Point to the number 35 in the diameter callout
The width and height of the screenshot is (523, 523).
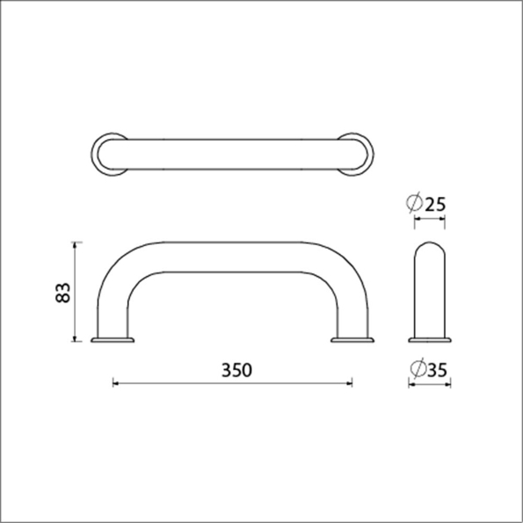[x=436, y=370]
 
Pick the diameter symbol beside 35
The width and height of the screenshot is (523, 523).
[x=417, y=370]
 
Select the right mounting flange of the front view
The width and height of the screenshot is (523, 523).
[x=352, y=338]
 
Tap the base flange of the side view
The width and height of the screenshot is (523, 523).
[x=430, y=338]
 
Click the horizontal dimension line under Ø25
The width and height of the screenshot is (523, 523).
[x=430, y=222]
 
